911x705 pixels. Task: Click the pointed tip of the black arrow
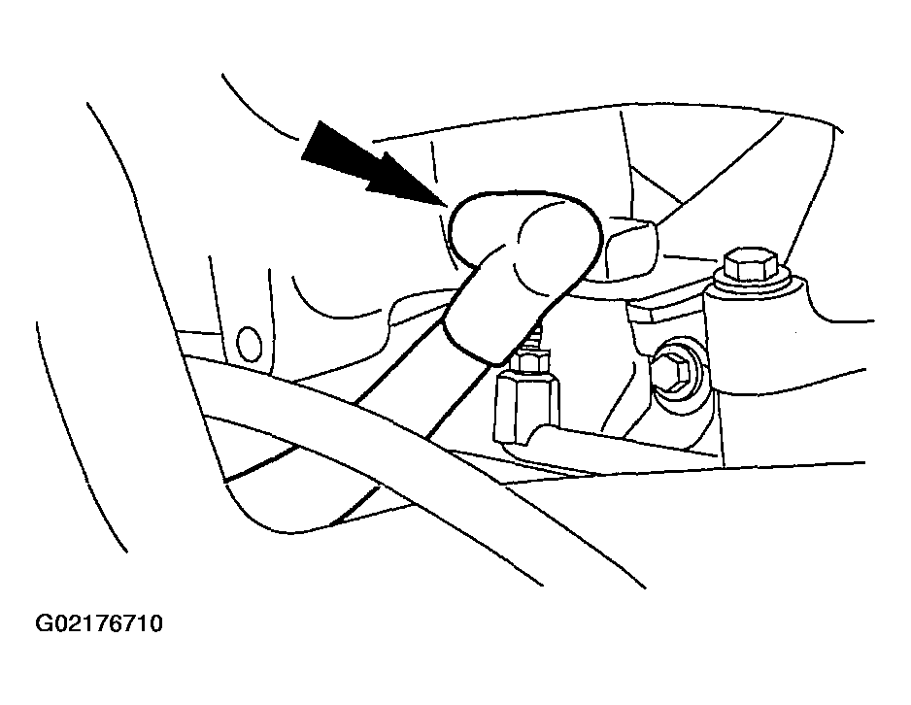(446, 205)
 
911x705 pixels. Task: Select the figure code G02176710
(99, 623)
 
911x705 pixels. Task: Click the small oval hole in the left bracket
(250, 344)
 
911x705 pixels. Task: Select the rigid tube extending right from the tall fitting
(627, 447)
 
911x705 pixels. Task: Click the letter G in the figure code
(46, 623)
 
